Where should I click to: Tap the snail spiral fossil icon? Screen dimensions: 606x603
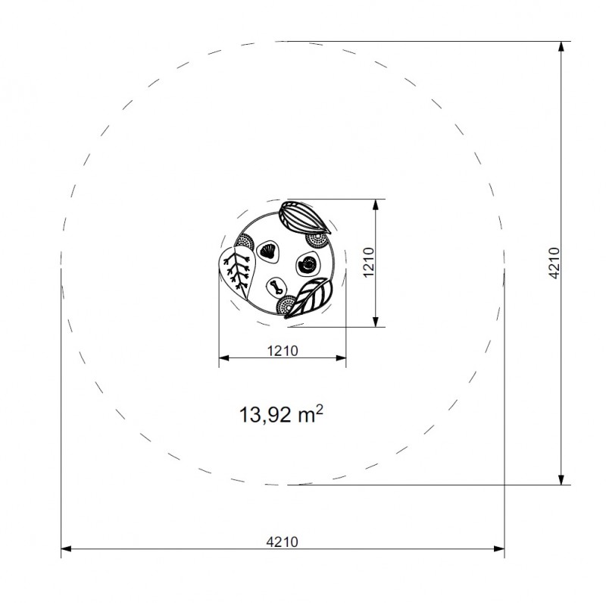(308, 264)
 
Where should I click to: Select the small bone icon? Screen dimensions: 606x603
(276, 287)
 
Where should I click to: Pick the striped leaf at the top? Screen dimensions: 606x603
(305, 217)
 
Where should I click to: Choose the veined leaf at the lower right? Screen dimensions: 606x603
(309, 297)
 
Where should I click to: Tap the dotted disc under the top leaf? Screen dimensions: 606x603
(317, 240)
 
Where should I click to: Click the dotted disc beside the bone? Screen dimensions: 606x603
(286, 306)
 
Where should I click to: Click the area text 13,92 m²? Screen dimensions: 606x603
(281, 414)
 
